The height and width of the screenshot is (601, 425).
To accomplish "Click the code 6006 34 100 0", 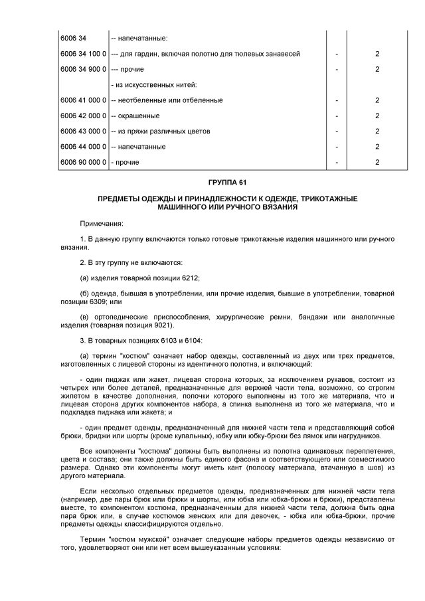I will (83, 54).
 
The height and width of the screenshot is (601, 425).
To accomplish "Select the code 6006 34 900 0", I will (83, 69).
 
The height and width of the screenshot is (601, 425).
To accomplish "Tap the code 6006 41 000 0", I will (83, 100).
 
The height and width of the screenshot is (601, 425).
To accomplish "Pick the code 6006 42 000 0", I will (83, 116).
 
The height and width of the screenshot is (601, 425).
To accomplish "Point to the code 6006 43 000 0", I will (83, 131).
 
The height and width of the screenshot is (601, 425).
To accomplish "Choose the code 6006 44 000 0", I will (83, 147).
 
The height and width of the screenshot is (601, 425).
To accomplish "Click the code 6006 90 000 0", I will (83, 162).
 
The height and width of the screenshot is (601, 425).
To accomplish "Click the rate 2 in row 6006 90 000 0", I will (377, 162).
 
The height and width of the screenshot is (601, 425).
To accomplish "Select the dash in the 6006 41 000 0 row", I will (337, 100).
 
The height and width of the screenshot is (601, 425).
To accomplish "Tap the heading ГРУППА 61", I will (227, 182).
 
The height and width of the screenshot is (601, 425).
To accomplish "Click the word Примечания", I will (101, 222).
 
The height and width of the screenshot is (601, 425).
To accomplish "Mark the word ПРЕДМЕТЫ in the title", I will (118, 199).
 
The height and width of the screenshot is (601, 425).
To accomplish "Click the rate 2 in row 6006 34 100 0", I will (377, 54).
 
